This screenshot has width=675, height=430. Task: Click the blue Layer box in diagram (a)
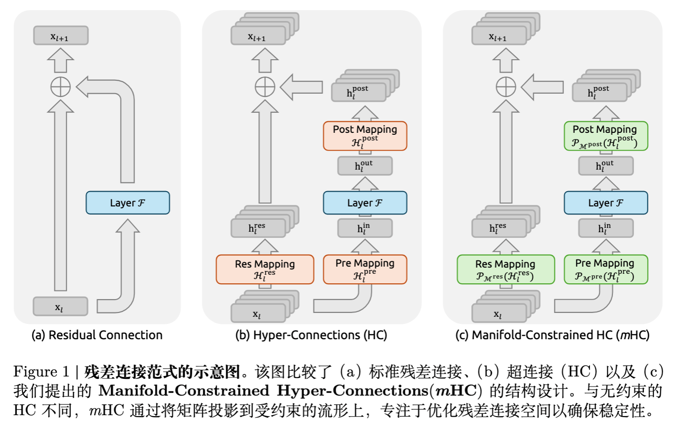[x=127, y=203]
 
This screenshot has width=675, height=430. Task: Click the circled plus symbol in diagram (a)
[x=61, y=87]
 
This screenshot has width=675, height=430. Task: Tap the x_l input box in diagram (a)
[x=60, y=307]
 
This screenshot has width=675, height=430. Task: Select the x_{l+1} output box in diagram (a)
[x=61, y=36]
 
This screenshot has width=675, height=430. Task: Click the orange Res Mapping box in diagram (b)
[x=265, y=269]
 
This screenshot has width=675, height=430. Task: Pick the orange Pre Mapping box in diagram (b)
[x=365, y=269]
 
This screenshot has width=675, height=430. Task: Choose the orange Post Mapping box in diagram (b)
[x=365, y=136]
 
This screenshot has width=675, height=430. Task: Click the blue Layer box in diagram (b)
[x=365, y=203]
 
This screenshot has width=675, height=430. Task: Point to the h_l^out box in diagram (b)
[x=365, y=166]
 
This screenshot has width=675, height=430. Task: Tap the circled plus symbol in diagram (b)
[x=265, y=87]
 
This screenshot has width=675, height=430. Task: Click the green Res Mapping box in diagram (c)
[x=506, y=269]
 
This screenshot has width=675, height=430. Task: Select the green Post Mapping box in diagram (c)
[x=606, y=136]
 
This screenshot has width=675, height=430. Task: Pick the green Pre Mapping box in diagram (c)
[x=606, y=269]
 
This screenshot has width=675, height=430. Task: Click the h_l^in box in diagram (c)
[x=605, y=228]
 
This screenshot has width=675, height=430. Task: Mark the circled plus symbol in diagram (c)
[x=506, y=87]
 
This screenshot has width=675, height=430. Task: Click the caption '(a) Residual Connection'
[x=97, y=335]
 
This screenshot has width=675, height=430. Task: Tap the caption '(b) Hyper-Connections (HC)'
[x=311, y=335]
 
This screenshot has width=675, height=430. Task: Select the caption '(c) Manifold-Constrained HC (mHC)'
[x=552, y=335]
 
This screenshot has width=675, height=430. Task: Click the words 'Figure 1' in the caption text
[x=42, y=372]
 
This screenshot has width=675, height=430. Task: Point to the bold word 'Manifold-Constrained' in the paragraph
[x=184, y=391]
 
